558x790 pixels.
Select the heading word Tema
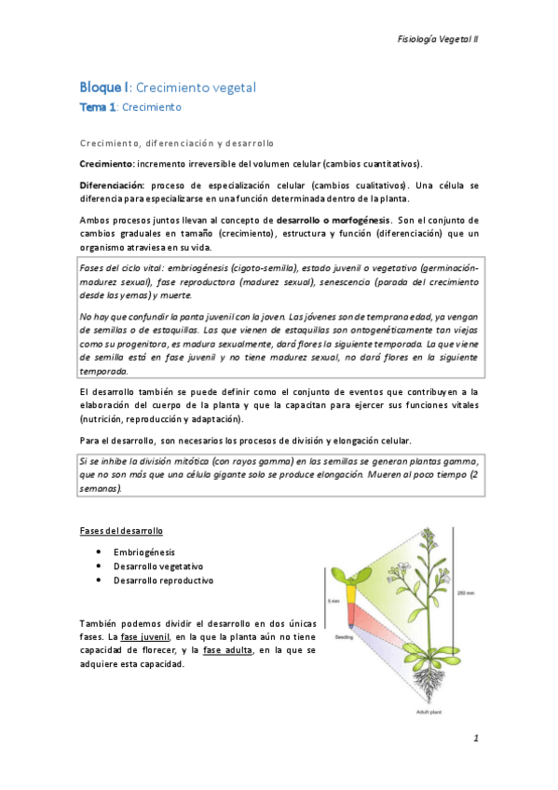click(x=93, y=108)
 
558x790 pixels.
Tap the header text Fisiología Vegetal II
click(x=437, y=40)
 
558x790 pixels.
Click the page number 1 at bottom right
click(x=475, y=739)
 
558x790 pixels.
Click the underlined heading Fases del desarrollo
click(x=120, y=531)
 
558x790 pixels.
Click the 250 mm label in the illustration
click(x=467, y=592)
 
